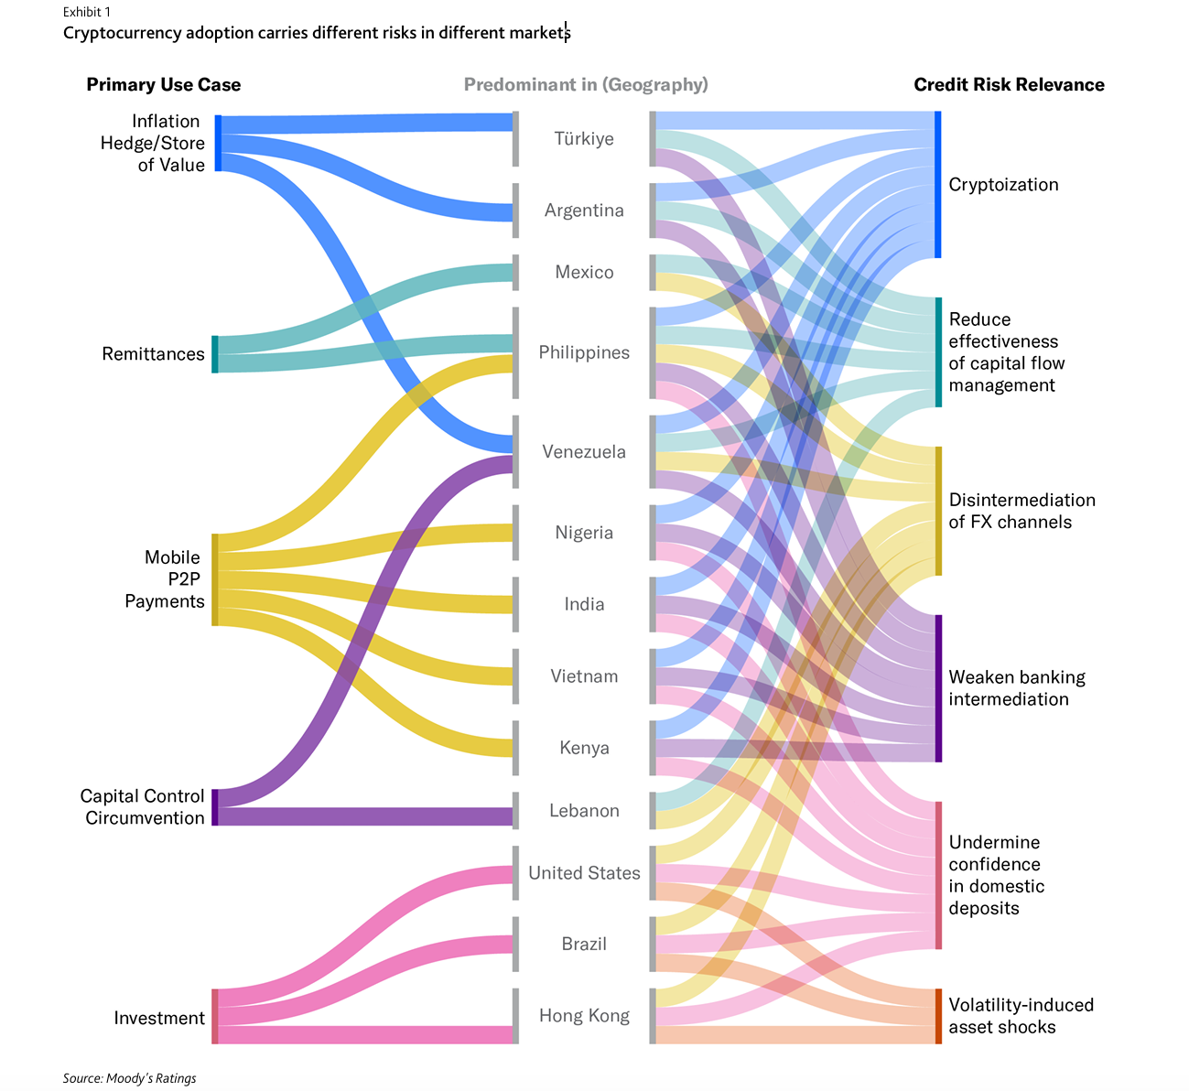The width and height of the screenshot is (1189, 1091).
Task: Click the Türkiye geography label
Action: click(x=584, y=139)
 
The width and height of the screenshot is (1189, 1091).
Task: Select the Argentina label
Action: click(x=584, y=211)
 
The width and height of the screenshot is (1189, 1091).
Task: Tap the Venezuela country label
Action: click(x=584, y=452)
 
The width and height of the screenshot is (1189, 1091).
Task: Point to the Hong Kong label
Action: click(x=584, y=1016)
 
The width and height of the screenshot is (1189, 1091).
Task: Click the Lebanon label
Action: click(x=584, y=811)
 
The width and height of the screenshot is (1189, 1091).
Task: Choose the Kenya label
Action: click(x=584, y=749)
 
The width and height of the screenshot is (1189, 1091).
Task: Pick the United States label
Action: click(x=584, y=873)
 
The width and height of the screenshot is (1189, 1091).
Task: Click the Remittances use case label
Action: click(x=153, y=354)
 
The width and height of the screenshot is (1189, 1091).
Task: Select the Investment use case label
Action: click(x=159, y=1018)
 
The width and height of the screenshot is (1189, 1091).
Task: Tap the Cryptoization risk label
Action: click(x=1003, y=185)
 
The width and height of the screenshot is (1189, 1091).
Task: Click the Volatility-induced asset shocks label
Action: click(x=1021, y=1016)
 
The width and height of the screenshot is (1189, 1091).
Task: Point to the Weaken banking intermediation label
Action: click(x=1016, y=688)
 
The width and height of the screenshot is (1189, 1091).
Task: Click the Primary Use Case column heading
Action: click(x=164, y=85)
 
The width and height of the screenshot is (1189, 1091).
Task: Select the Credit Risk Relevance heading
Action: click(x=1009, y=85)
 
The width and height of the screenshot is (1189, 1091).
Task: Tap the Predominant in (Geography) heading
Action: click(x=586, y=85)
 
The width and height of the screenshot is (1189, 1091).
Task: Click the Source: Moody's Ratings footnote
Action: click(x=130, y=1078)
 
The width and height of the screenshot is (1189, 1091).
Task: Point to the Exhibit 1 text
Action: click(x=87, y=12)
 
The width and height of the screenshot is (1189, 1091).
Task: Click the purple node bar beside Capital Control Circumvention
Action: click(x=215, y=807)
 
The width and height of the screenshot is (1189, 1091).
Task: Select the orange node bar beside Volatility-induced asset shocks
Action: click(x=937, y=1016)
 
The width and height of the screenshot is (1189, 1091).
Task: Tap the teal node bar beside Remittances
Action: click(x=215, y=354)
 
